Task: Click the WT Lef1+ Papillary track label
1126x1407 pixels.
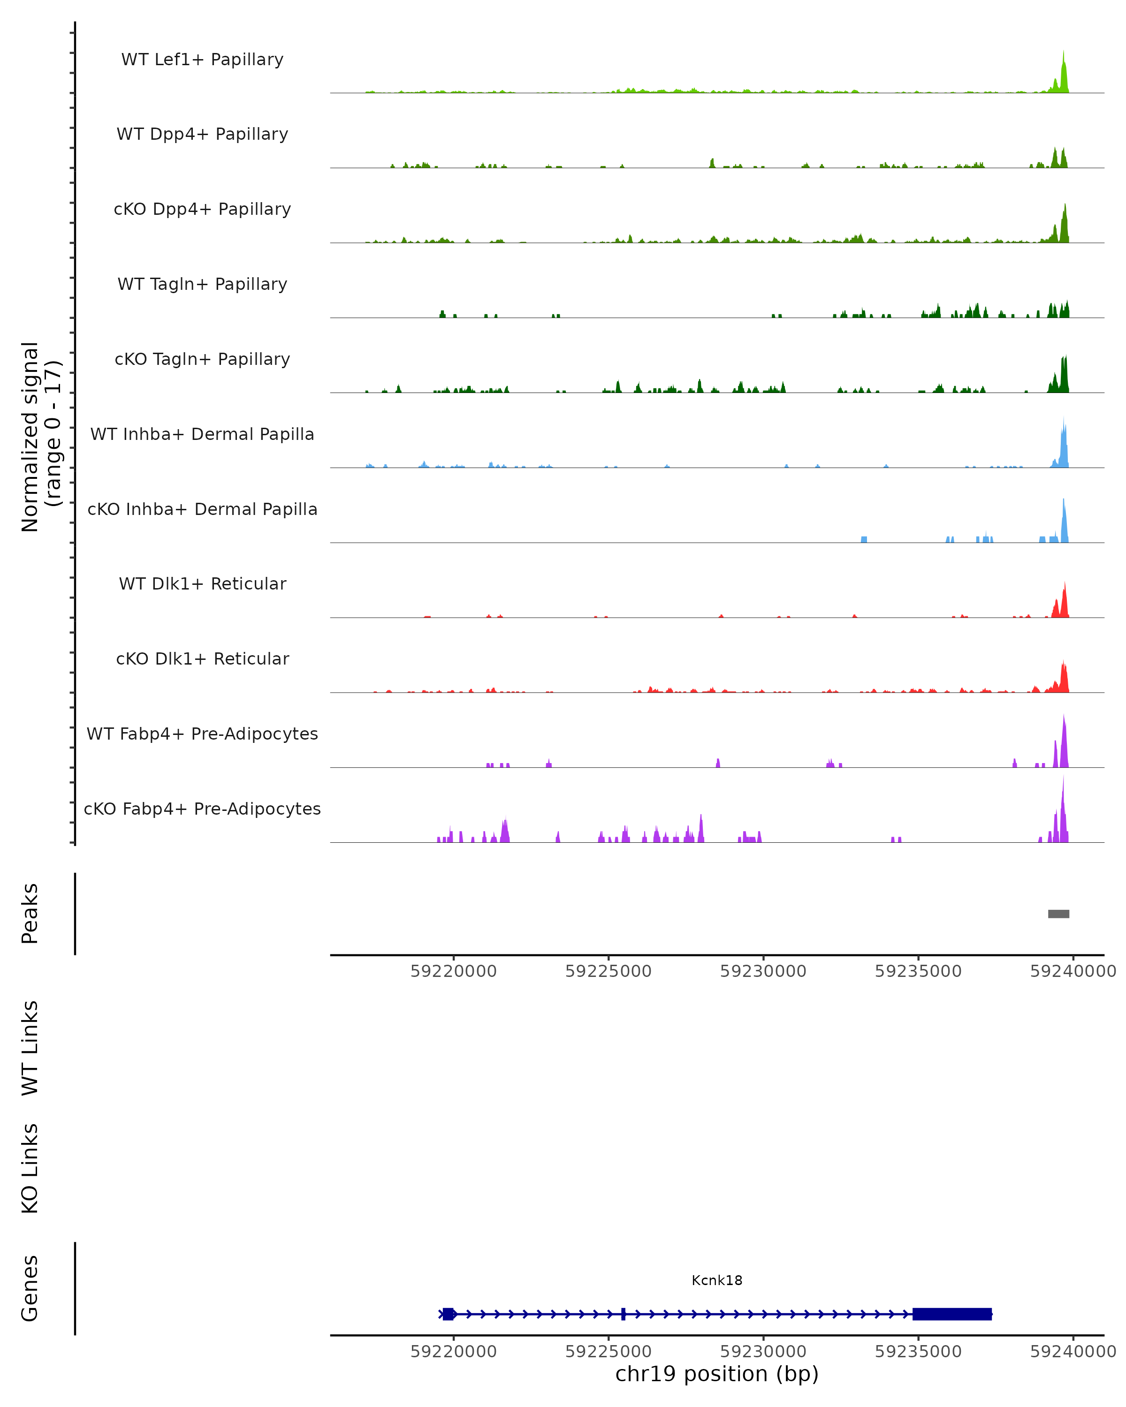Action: [x=202, y=60]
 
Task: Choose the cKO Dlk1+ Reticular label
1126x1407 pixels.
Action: [x=202, y=658]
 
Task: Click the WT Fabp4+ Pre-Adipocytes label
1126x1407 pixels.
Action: [x=202, y=734]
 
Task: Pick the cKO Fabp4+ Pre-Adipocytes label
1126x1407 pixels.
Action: [x=202, y=809]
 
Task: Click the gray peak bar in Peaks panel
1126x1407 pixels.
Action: [x=1058, y=914]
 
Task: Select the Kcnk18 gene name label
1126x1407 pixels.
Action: [x=717, y=1280]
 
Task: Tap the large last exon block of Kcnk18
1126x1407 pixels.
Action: [x=952, y=1314]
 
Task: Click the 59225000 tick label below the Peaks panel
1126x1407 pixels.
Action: [x=609, y=972]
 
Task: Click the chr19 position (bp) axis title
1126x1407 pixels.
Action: [x=717, y=1374]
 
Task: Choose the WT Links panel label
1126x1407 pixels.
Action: [x=30, y=1048]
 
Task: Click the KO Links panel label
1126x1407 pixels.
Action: [x=30, y=1168]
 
